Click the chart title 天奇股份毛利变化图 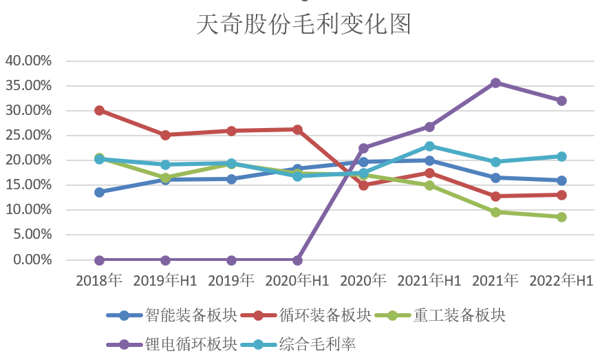click(303, 25)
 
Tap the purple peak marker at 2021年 click(495, 83)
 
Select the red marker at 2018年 click(99, 110)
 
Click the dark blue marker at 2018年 click(99, 192)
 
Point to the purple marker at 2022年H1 click(561, 100)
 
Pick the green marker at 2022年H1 click(561, 217)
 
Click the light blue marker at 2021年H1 click(429, 146)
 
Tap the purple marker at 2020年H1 click(297, 260)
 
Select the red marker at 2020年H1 click(297, 129)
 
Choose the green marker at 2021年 click(495, 212)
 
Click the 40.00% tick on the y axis click(29, 61)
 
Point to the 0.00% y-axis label click(32, 260)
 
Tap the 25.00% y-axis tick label click(29, 135)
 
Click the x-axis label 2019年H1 click(164, 281)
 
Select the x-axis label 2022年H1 click(561, 281)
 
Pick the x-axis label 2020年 click(363, 281)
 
